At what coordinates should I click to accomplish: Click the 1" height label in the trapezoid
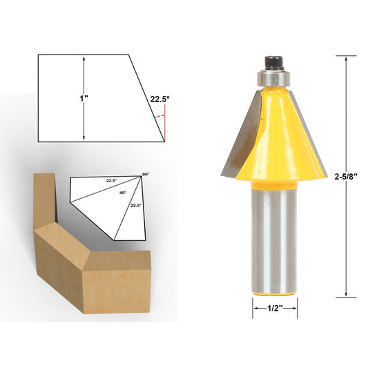[83, 99]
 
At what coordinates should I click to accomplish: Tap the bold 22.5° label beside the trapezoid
[159, 99]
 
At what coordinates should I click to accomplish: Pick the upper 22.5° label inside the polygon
[111, 181]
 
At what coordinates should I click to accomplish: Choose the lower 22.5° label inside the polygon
[136, 205]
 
